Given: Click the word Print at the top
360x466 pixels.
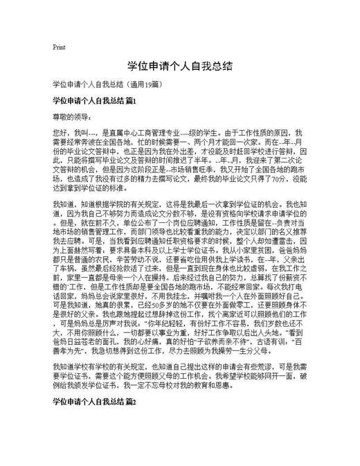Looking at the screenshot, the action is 59,47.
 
